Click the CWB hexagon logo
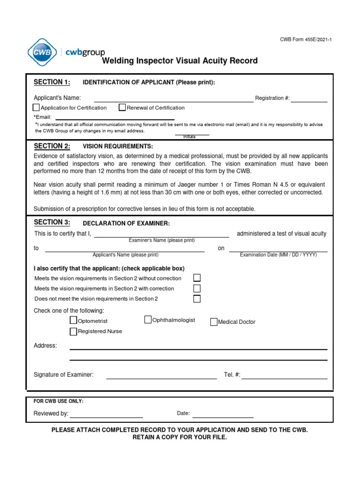click(x=41, y=52)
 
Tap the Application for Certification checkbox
click(x=37, y=107)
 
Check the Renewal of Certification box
click(x=122, y=107)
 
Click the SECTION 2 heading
click(x=52, y=146)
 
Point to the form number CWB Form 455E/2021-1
click(x=306, y=39)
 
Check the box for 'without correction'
click(x=197, y=278)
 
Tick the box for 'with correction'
click(x=197, y=288)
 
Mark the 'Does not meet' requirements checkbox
click(x=197, y=299)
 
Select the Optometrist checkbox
click(x=73, y=321)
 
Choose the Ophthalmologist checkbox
click(x=148, y=320)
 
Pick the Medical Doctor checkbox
click(x=214, y=322)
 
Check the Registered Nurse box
click(x=73, y=331)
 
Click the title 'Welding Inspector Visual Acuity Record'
click(x=180, y=61)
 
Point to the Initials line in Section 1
click(x=189, y=135)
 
